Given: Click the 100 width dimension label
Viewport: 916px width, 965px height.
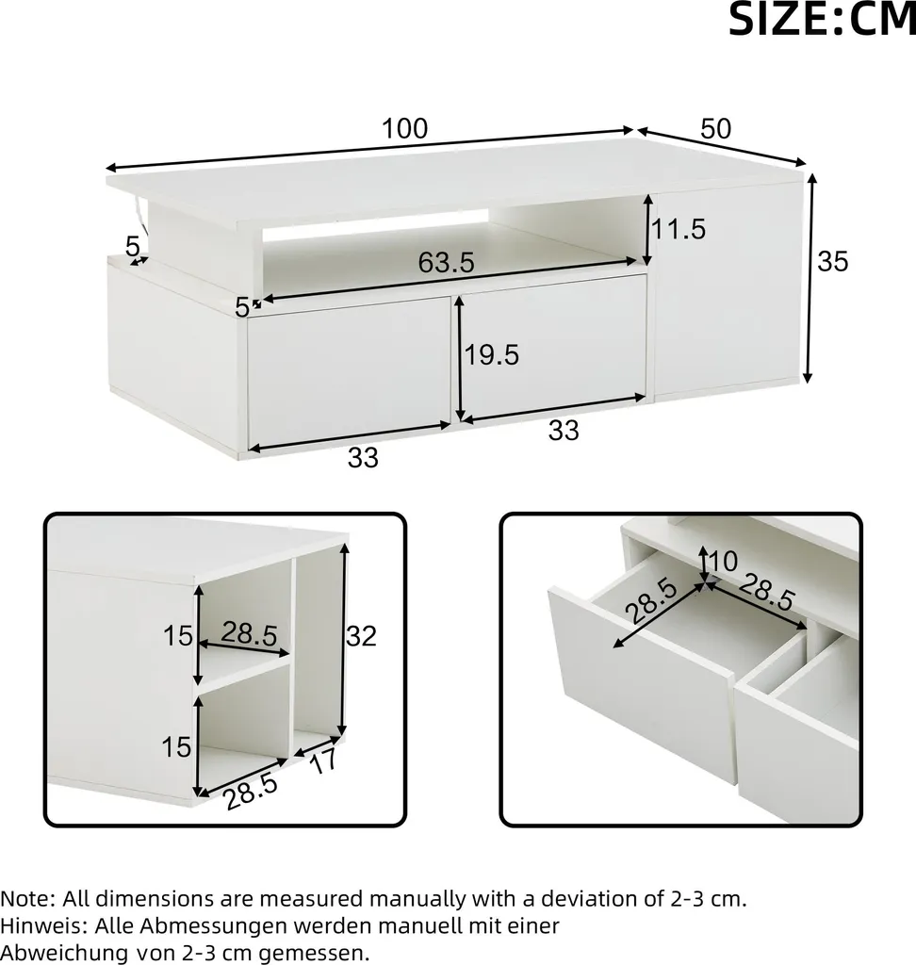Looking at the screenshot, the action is click(x=404, y=128).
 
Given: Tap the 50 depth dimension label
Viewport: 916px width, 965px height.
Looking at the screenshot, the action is click(x=716, y=128).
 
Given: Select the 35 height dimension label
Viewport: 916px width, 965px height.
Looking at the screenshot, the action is click(x=833, y=262).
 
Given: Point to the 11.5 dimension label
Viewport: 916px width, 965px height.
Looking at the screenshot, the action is click(x=679, y=229).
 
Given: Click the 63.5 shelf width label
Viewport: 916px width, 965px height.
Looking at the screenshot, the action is click(x=447, y=263).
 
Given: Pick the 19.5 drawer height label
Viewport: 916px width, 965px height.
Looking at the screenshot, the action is click(x=491, y=355).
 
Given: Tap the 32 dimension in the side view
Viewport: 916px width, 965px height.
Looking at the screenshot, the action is click(x=361, y=636).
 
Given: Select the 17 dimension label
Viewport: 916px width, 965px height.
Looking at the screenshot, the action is click(x=323, y=761).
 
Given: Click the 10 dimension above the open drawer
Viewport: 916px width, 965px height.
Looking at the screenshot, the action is click(x=724, y=562).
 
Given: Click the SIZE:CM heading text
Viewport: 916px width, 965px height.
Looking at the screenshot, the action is click(x=822, y=20).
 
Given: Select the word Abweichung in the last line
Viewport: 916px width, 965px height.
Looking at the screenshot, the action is click(x=64, y=954).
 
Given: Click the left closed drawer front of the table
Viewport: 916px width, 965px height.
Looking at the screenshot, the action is click(x=349, y=371).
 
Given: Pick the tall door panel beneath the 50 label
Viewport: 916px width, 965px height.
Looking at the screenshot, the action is click(x=728, y=289).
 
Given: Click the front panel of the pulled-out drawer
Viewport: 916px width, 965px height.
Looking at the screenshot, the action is click(x=642, y=684).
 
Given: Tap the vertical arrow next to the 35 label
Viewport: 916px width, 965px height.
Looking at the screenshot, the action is click(x=811, y=279).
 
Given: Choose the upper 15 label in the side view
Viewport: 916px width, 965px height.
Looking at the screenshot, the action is click(x=177, y=636).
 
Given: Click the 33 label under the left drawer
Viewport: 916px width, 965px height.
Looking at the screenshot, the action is click(x=363, y=458).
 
